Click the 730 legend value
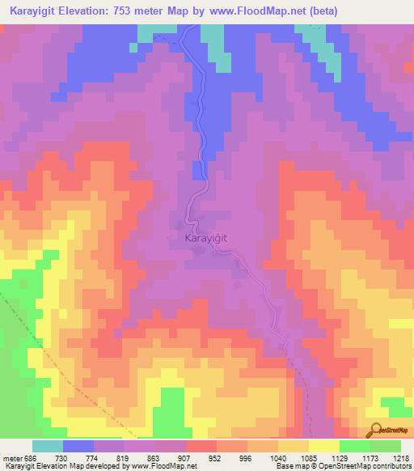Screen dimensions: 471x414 coord(61,458)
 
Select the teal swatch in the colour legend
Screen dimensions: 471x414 coord(48,446)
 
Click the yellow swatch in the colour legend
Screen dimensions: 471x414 coord(323,446)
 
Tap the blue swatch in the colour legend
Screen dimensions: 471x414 coord(78,446)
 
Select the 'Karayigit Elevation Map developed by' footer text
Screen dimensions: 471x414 coord(61,466)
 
